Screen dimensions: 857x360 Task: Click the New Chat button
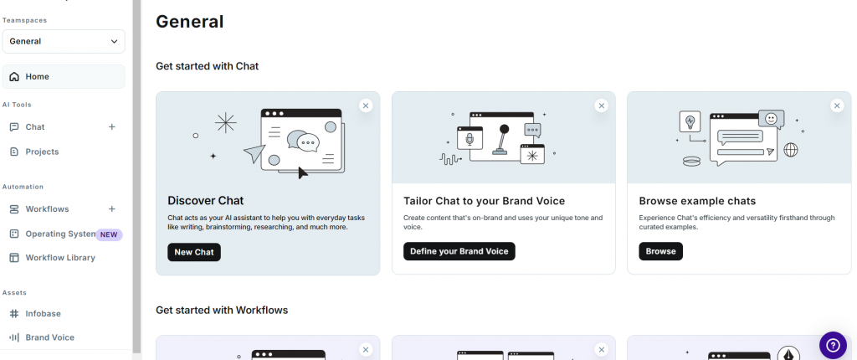point(194,252)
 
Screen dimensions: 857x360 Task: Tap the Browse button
point(661,252)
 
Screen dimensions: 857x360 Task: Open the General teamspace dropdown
point(64,42)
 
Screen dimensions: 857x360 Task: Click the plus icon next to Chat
point(112,127)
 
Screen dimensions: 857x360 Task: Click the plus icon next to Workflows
point(112,209)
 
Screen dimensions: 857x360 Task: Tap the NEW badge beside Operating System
point(110,234)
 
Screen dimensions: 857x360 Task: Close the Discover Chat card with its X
point(367,105)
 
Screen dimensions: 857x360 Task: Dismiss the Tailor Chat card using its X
point(602,105)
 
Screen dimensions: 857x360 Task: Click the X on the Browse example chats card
point(837,105)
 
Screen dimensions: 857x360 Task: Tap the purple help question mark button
point(833,345)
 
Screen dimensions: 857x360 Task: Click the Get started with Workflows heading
point(222,311)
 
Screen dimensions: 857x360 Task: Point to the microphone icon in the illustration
point(470,140)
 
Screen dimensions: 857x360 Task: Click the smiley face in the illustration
point(771,119)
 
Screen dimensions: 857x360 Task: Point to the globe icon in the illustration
point(791,149)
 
